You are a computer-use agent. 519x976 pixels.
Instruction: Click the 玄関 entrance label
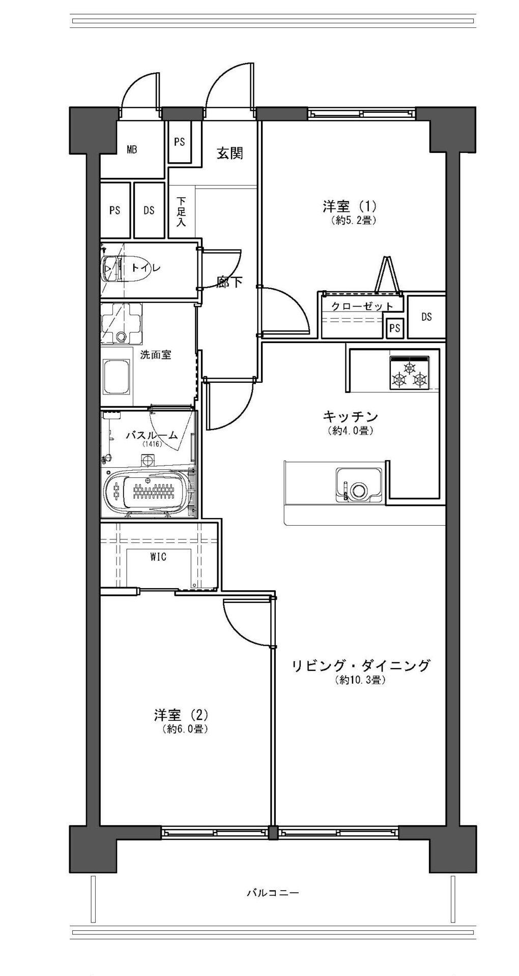[x=230, y=153]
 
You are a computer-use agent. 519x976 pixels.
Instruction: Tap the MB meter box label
[x=132, y=150]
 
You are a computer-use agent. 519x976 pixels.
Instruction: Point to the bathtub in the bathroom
[x=148, y=491]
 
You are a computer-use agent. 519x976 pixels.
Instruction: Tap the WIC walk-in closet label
[x=158, y=557]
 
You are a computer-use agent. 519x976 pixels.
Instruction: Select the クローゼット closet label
[x=362, y=306]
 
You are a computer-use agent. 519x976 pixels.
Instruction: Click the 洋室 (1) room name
[x=349, y=207]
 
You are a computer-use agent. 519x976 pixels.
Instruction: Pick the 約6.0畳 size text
[x=185, y=729]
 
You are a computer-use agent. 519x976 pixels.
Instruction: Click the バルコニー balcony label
[x=273, y=892]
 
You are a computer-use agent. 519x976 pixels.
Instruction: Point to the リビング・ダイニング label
[x=361, y=665]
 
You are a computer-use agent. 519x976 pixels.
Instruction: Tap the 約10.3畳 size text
[x=360, y=680]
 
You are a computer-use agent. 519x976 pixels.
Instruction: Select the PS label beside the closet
[x=395, y=328]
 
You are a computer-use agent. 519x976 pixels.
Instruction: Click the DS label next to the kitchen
[x=426, y=317]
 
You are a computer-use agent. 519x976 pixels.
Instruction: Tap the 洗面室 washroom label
[x=155, y=355]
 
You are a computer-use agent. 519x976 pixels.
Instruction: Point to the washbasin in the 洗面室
[x=117, y=377]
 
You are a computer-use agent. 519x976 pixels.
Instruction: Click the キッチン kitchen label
[x=351, y=417]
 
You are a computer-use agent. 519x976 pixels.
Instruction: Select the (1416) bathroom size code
[x=152, y=444]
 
